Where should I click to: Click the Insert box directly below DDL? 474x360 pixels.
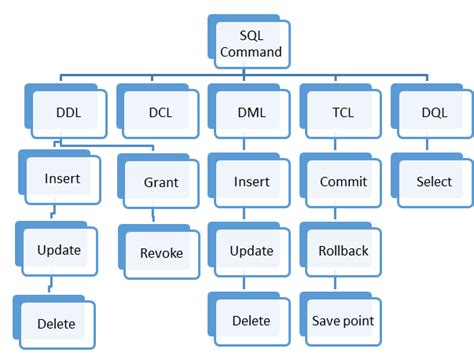click(x=62, y=182)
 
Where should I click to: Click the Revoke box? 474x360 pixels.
click(x=162, y=253)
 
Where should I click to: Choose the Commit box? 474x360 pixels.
click(x=343, y=182)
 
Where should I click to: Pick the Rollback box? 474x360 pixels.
click(x=343, y=251)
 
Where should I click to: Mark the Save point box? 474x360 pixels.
click(x=343, y=321)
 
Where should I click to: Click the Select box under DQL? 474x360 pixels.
click(x=435, y=182)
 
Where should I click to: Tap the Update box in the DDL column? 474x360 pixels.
click(x=60, y=250)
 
